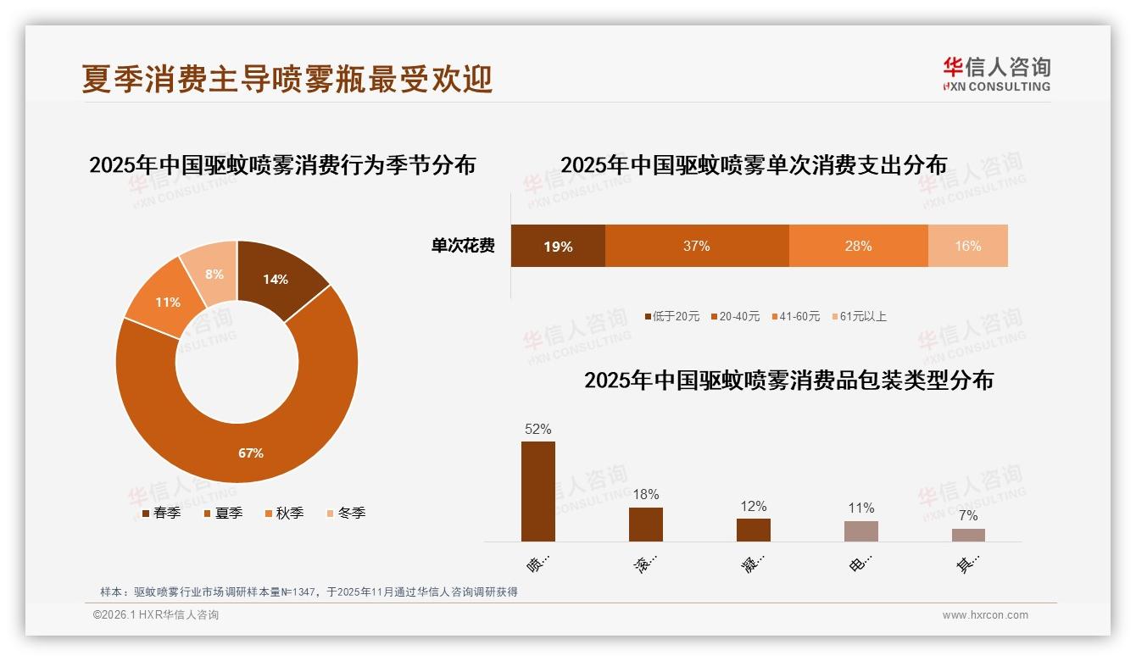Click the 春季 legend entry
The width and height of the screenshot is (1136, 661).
(x=160, y=514)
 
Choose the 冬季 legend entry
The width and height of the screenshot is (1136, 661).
(x=345, y=514)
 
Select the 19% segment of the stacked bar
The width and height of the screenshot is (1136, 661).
(x=558, y=247)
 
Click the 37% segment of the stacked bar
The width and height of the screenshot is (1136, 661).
(x=696, y=247)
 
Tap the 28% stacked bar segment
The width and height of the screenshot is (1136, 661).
(x=858, y=247)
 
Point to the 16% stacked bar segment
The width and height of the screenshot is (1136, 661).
(x=967, y=247)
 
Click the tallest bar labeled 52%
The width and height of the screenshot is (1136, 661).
(x=537, y=492)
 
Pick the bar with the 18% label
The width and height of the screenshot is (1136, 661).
(x=645, y=525)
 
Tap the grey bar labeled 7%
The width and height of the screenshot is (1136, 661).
(x=968, y=535)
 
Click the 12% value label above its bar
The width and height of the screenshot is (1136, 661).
(x=753, y=507)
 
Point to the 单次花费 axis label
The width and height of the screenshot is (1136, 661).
(x=463, y=247)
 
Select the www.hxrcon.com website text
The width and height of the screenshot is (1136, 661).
(x=985, y=615)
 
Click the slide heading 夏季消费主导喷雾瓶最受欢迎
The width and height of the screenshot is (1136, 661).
(x=287, y=79)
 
